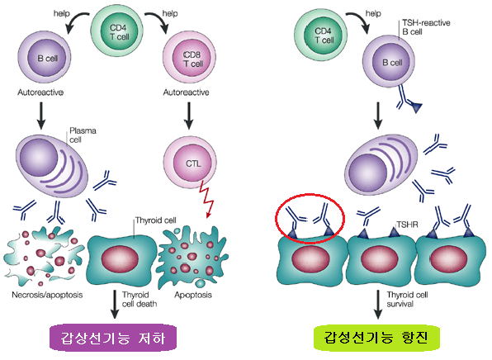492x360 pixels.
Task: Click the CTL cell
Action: pyautogui.click(x=190, y=163)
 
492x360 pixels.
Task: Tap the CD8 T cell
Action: pyautogui.click(x=189, y=59)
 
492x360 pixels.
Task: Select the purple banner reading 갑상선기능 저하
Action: pyautogui.click(x=113, y=338)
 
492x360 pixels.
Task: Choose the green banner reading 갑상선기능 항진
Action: pyautogui.click(x=376, y=338)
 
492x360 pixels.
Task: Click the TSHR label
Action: pyautogui.click(x=407, y=225)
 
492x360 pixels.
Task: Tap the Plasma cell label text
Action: pyautogui.click(x=83, y=135)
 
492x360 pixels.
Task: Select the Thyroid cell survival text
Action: pyautogui.click(x=407, y=299)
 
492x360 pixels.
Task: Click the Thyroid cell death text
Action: pyautogui.click(x=140, y=299)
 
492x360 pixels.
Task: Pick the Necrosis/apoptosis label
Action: pyautogui.click(x=47, y=295)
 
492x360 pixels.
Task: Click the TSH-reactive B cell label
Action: pyautogui.click(x=426, y=27)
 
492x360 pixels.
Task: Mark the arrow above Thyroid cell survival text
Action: pyautogui.click(x=378, y=305)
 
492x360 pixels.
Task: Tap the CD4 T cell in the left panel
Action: pyautogui.click(x=118, y=31)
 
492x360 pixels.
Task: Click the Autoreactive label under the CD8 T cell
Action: pyautogui.click(x=186, y=92)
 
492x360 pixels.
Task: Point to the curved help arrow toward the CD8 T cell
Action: pyautogui.click(x=157, y=21)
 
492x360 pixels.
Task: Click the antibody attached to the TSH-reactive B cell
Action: pyautogui.click(x=409, y=100)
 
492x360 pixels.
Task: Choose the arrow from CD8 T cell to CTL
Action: pyautogui.click(x=188, y=116)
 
